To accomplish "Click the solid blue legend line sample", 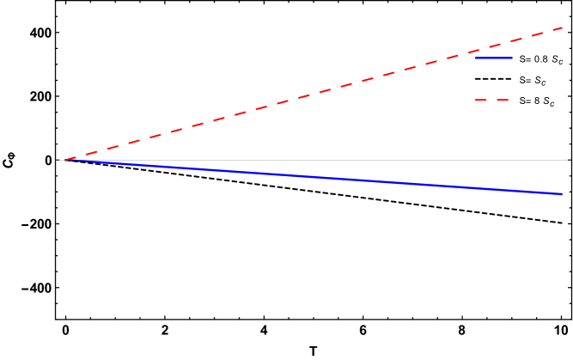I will (x=493, y=58).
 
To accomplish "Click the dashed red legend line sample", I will (x=491, y=100).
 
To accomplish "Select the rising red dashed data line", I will (x=309, y=95).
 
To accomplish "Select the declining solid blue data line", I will (x=309, y=177).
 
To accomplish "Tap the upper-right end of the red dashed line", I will (x=563, y=27).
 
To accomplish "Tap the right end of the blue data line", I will (x=563, y=194).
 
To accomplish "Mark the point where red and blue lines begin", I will (x=60, y=160).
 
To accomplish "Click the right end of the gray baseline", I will (x=569, y=160).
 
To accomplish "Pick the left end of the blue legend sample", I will (x=475, y=58).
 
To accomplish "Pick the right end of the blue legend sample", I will (x=513, y=58).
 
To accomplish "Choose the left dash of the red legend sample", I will (x=481, y=100).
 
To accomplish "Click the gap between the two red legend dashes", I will (x=491, y=100).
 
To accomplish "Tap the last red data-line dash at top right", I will (x=557, y=29).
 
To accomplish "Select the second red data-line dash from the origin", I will (x=91, y=152).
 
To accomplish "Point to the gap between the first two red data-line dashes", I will (x=80, y=155).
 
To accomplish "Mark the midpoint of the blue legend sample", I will (x=494, y=58).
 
